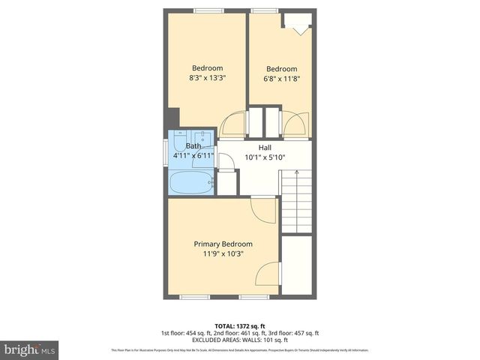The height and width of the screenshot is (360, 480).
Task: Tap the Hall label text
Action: (x=265, y=148)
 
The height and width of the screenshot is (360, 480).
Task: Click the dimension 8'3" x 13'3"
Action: (x=207, y=77)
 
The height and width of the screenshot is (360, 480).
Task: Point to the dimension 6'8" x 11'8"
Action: (x=281, y=77)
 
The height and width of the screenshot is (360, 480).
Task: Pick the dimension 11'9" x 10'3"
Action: (x=223, y=253)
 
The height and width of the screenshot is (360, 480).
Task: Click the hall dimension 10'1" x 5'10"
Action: (x=265, y=157)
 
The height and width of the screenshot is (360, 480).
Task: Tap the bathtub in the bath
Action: (x=191, y=182)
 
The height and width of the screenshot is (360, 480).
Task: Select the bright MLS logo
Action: (x=29, y=349)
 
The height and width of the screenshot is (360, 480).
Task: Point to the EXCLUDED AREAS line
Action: (x=239, y=340)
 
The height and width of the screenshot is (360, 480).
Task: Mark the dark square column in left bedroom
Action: (x=173, y=118)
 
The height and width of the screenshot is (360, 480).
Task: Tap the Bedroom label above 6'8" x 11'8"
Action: (x=281, y=68)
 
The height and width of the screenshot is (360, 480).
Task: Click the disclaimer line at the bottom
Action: (x=239, y=350)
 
